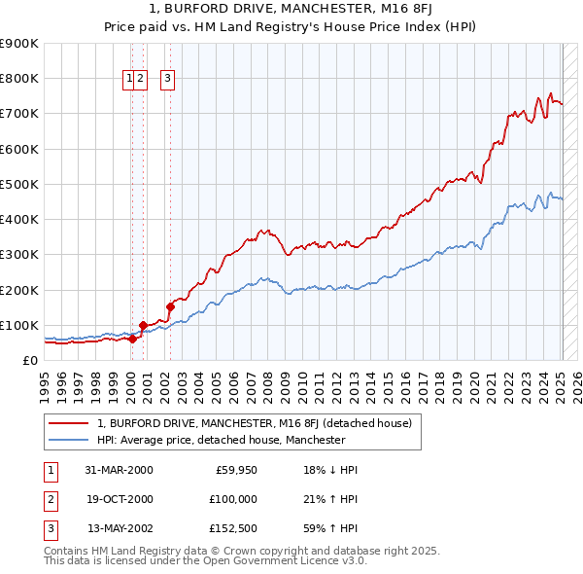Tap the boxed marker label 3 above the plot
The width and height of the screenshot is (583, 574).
[167, 80]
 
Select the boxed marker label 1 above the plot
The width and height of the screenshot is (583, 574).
[128, 80]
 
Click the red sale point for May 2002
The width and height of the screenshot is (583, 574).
[170, 306]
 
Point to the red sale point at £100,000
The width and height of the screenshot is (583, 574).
[143, 325]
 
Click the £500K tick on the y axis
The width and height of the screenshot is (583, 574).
[21, 184]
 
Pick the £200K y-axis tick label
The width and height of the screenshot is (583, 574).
[21, 290]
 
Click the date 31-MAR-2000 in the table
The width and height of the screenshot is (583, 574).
[119, 470]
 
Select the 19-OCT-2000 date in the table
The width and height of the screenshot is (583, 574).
[119, 499]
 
